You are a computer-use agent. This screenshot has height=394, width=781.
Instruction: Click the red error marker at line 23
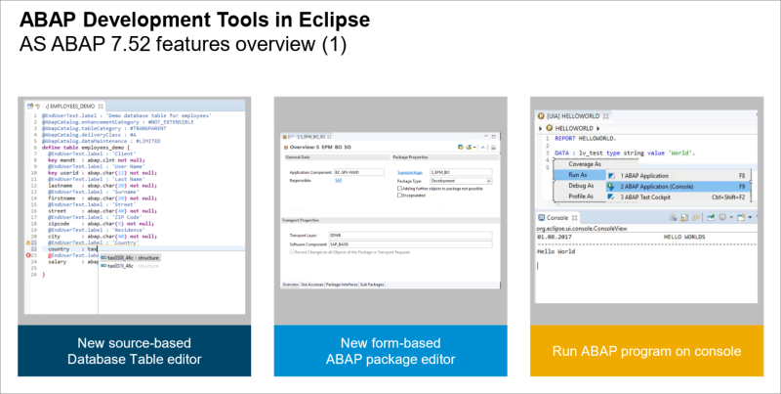[x=31, y=256]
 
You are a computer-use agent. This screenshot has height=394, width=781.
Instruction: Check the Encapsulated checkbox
[x=399, y=196]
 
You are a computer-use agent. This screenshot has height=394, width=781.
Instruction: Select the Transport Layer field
[x=409, y=236]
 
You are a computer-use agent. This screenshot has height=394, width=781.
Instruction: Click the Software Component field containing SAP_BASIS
[x=409, y=245]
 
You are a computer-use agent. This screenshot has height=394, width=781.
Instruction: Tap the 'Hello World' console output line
[x=559, y=252]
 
